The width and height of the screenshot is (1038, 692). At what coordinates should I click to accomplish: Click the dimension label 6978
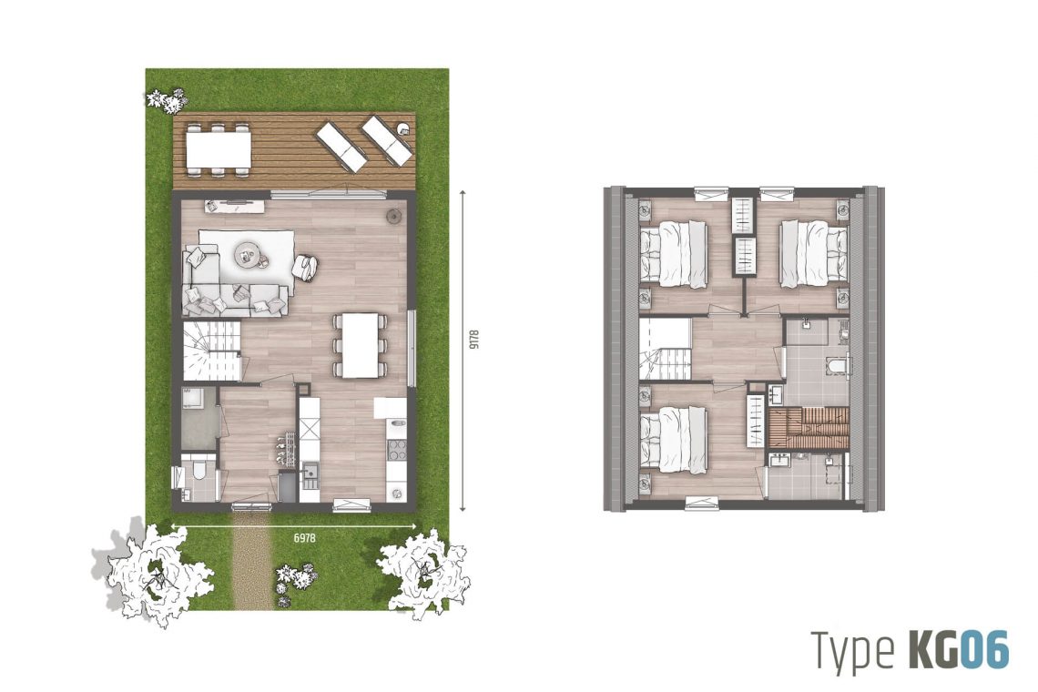click(x=304, y=538)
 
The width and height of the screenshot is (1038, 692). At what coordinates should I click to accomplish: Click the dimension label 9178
click(x=473, y=339)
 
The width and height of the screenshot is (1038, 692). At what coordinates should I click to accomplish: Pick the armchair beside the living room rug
click(x=304, y=268)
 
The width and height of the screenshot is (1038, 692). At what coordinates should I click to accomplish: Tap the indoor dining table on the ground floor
click(x=360, y=345)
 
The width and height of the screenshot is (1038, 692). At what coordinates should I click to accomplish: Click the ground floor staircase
click(x=211, y=351)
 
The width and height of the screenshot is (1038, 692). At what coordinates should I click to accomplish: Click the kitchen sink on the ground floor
click(x=309, y=473)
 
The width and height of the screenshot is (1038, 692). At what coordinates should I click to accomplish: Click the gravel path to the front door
click(x=251, y=562)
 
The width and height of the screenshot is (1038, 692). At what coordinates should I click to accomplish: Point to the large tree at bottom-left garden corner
click(x=159, y=572)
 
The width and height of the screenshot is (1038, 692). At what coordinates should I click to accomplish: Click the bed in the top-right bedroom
click(x=814, y=254)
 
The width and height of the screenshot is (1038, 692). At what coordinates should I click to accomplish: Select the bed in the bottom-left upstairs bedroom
click(x=674, y=440)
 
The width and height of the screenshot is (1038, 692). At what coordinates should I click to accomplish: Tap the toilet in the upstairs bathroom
click(x=838, y=365)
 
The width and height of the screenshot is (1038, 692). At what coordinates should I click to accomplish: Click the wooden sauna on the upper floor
click(x=809, y=429)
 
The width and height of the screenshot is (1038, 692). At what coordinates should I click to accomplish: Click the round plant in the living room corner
click(x=395, y=215)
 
